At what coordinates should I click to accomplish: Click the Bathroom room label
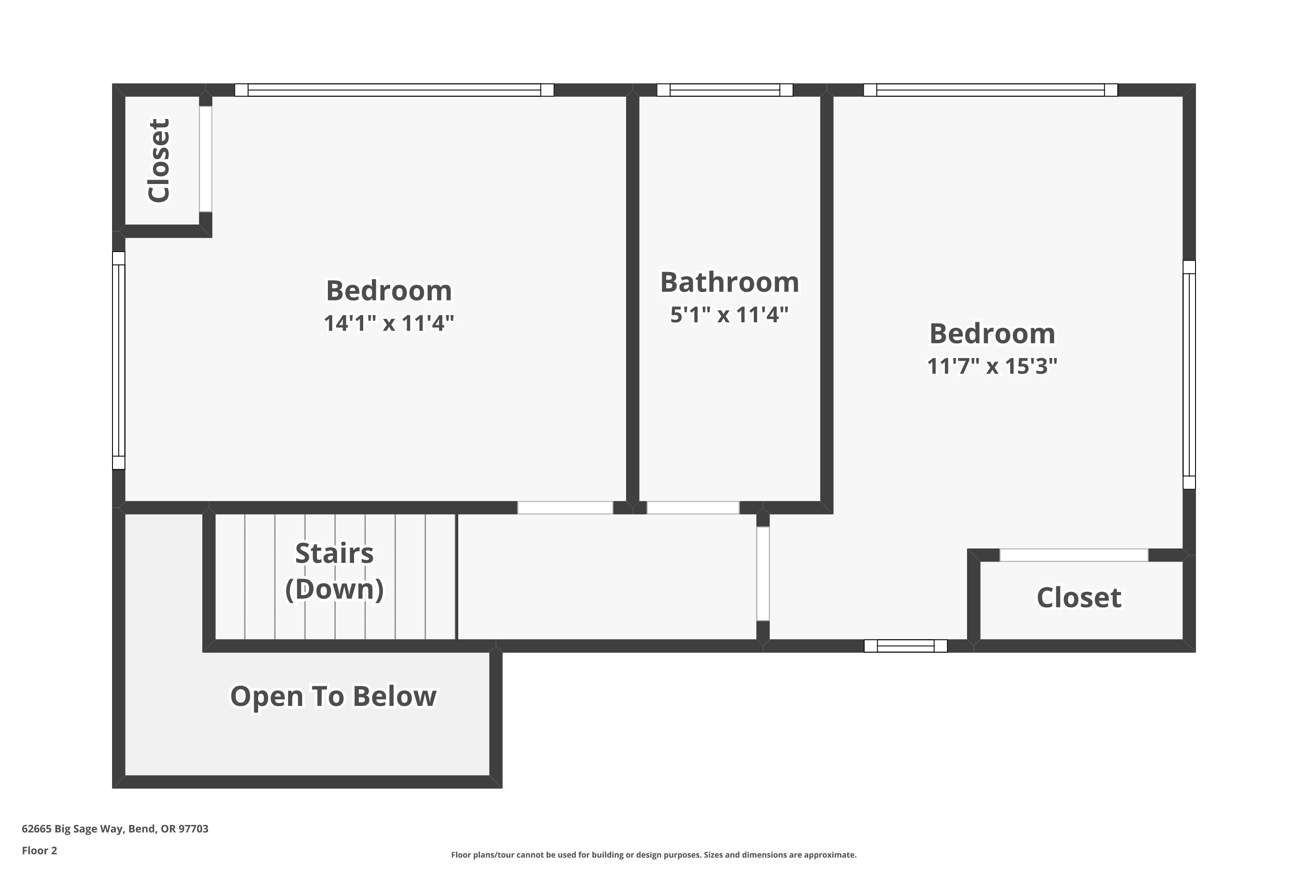729,282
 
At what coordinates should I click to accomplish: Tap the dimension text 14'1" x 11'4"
389,323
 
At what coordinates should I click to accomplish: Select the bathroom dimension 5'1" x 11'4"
729,315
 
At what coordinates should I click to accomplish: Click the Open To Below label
333,696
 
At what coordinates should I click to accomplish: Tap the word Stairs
334,553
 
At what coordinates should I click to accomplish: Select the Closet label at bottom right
1078,597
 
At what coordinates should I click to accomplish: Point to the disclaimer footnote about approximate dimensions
654,855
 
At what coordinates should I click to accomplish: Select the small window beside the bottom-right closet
906,646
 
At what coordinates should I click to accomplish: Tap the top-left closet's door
206,159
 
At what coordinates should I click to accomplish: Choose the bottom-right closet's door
1074,555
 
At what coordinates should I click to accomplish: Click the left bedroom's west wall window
119,361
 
